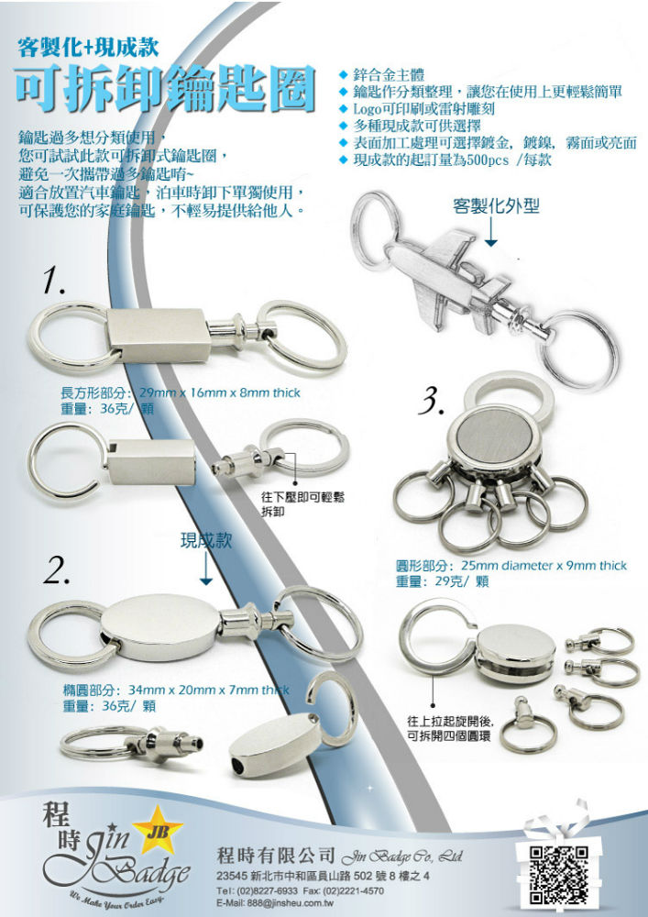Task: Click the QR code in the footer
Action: (557, 875)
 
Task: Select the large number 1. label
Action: (54, 282)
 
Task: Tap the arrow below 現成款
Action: (205, 568)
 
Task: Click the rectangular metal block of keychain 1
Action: (159, 336)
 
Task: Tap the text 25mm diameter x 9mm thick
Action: (544, 566)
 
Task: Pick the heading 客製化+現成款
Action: (88, 47)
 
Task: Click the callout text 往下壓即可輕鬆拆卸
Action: (302, 503)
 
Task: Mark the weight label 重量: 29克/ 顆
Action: (443, 582)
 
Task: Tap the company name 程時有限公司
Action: (275, 856)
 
